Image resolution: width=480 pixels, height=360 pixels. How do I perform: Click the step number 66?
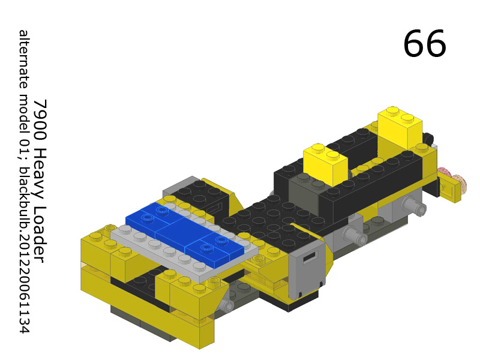pyautogui.click(x=424, y=43)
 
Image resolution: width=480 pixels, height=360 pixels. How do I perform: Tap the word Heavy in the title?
pyautogui.click(x=40, y=167)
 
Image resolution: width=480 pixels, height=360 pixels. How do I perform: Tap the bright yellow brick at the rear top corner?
pyautogui.click(x=401, y=125)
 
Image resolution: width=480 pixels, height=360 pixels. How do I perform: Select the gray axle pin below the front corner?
pyautogui.click(x=226, y=306)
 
